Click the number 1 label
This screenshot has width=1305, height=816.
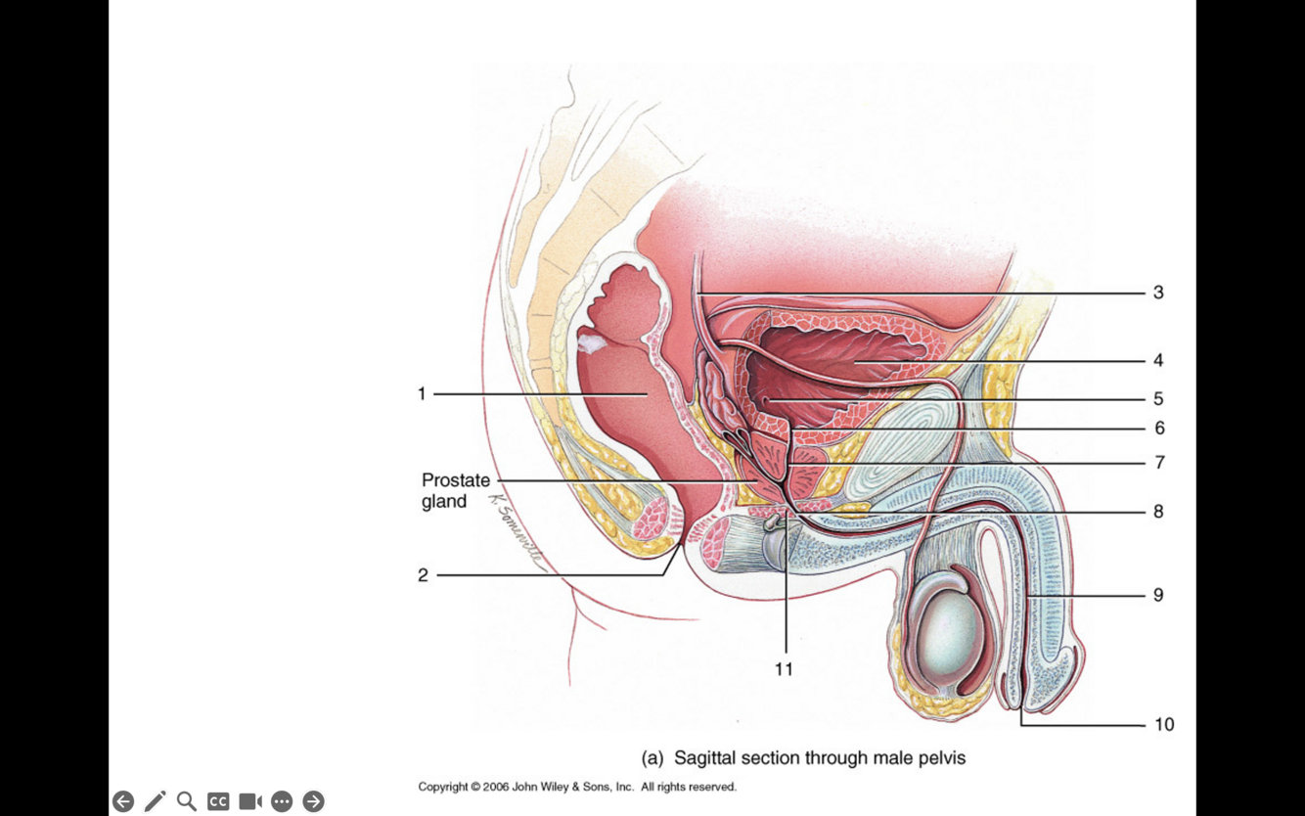click(422, 393)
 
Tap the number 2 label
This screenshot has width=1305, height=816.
click(423, 575)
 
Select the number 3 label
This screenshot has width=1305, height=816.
click(1158, 293)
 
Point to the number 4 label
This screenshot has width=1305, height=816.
click(1158, 360)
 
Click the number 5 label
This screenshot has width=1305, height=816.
click(1158, 399)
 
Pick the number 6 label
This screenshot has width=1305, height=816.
click(1159, 429)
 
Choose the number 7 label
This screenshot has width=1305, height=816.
click(1159, 463)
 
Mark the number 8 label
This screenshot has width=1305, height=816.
click(1158, 512)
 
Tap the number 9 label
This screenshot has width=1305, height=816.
click(1158, 595)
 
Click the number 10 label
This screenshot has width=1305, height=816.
click(1163, 725)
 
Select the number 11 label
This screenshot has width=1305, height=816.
click(784, 669)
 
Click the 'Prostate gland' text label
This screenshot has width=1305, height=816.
click(455, 491)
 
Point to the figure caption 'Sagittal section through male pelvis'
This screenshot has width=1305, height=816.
click(803, 758)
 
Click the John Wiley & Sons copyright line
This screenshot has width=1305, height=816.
click(577, 787)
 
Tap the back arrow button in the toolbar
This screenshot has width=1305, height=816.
click(123, 801)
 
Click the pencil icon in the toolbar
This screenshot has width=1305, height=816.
click(155, 801)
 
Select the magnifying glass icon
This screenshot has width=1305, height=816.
click(187, 801)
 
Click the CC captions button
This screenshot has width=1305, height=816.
click(218, 801)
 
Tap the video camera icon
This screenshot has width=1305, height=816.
click(250, 801)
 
